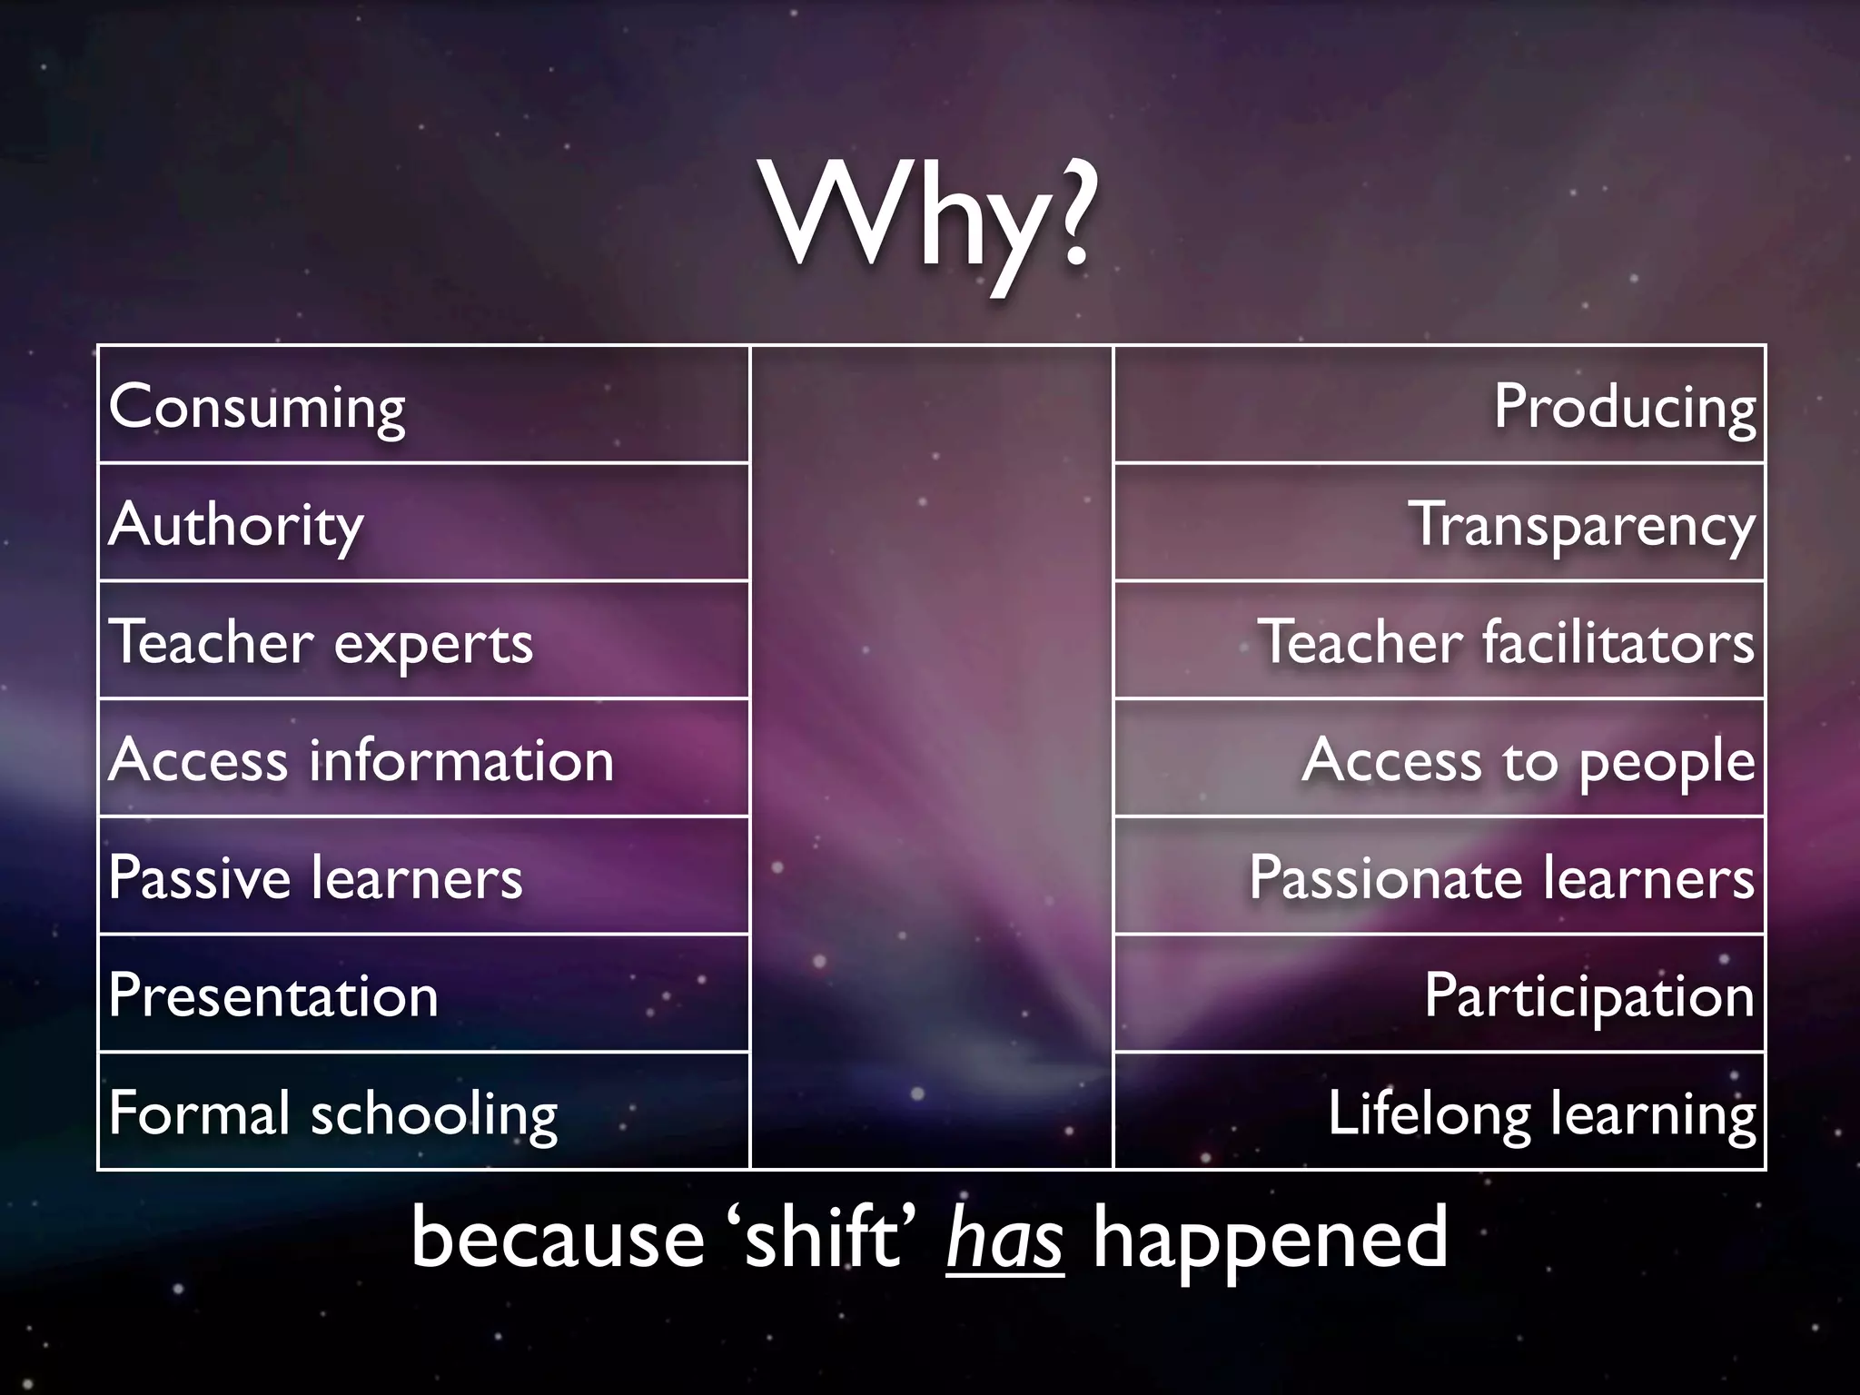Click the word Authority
click(x=236, y=525)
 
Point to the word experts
click(x=433, y=644)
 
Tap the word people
click(x=1667, y=762)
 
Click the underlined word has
click(x=1004, y=1239)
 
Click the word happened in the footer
click(x=1270, y=1239)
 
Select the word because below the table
click(x=558, y=1239)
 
